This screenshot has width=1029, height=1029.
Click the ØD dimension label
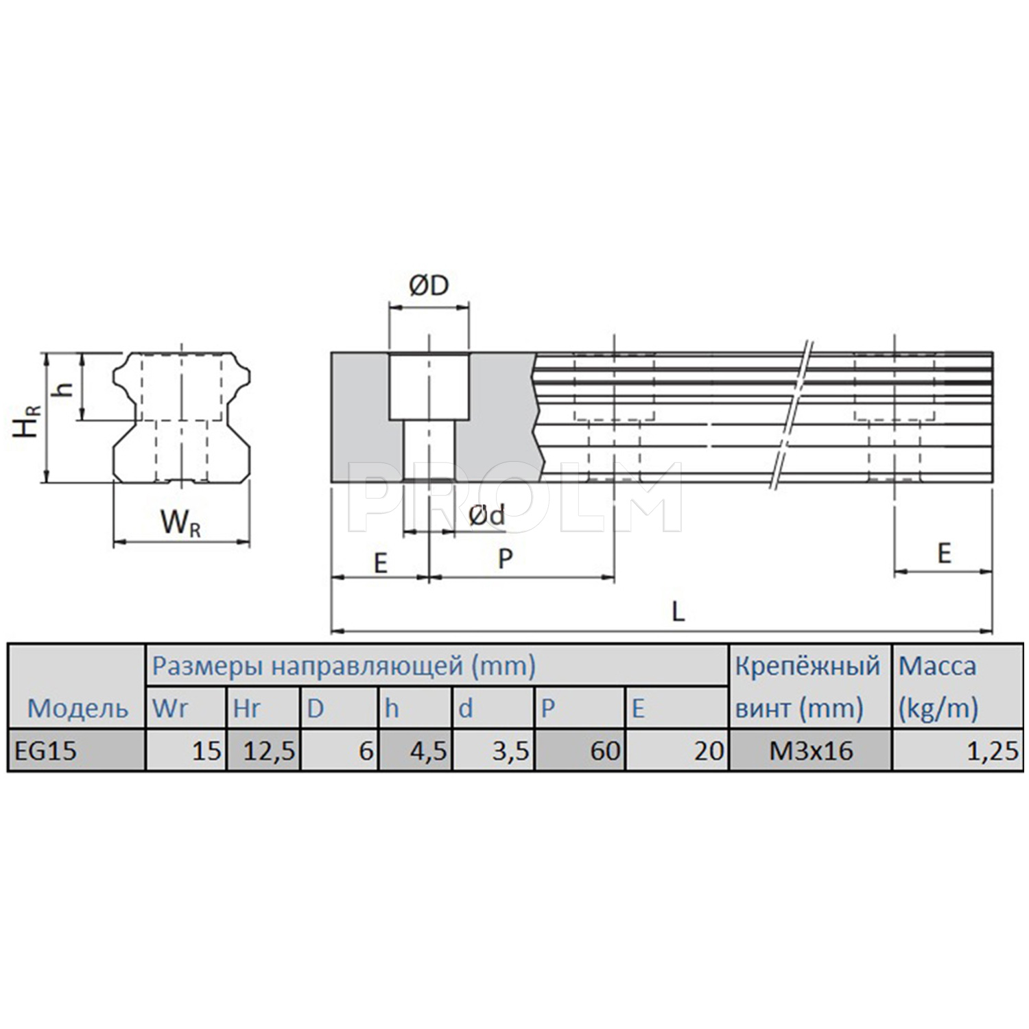pyautogui.click(x=429, y=286)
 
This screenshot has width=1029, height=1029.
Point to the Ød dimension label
pyautogui.click(x=487, y=516)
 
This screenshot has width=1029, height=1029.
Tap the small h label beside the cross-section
pyautogui.click(x=64, y=389)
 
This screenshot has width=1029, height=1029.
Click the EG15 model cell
pyautogui.click(x=46, y=751)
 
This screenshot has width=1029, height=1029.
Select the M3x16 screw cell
pyautogui.click(x=811, y=751)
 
